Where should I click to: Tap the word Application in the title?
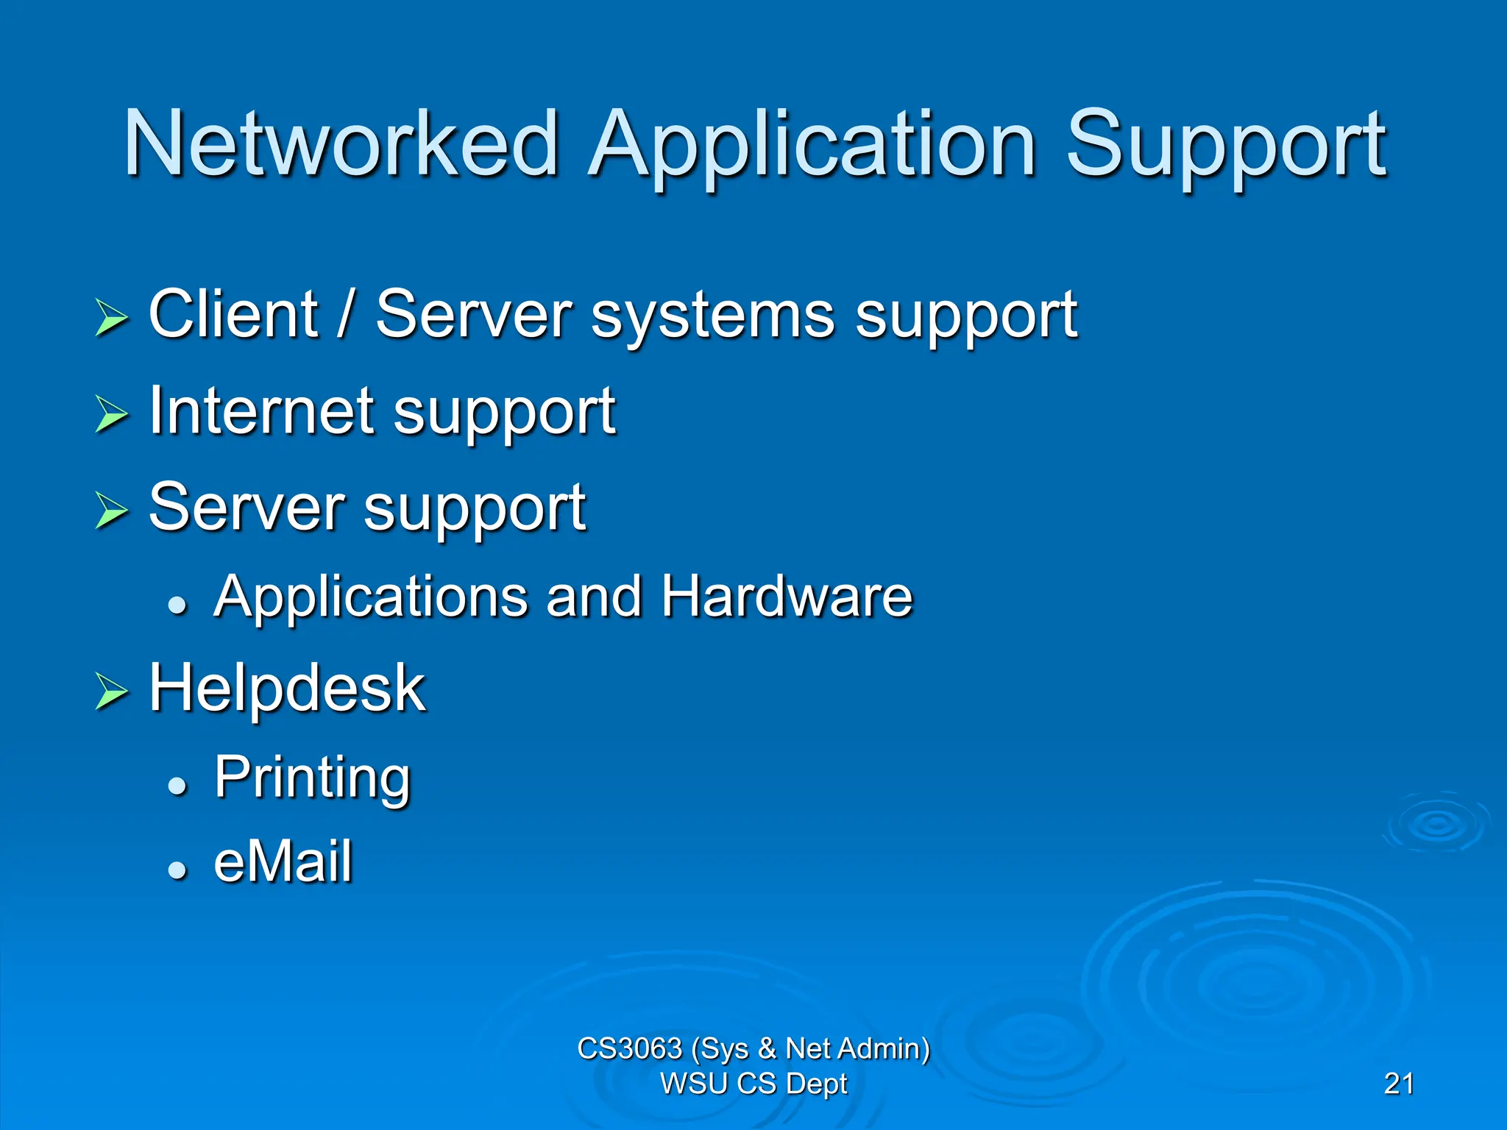[x=812, y=144]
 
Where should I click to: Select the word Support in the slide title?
[x=1226, y=144]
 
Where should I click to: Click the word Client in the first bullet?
[x=233, y=314]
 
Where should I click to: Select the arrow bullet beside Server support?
[x=111, y=509]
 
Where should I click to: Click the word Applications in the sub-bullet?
[x=371, y=597]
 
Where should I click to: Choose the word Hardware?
[x=786, y=595]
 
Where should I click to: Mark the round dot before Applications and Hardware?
[x=177, y=605]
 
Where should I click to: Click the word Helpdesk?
[x=287, y=688]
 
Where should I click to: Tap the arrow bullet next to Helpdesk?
[x=111, y=691]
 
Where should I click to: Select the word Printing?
[x=312, y=778]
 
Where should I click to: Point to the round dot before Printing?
[x=177, y=786]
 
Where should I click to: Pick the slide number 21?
[x=1399, y=1084]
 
